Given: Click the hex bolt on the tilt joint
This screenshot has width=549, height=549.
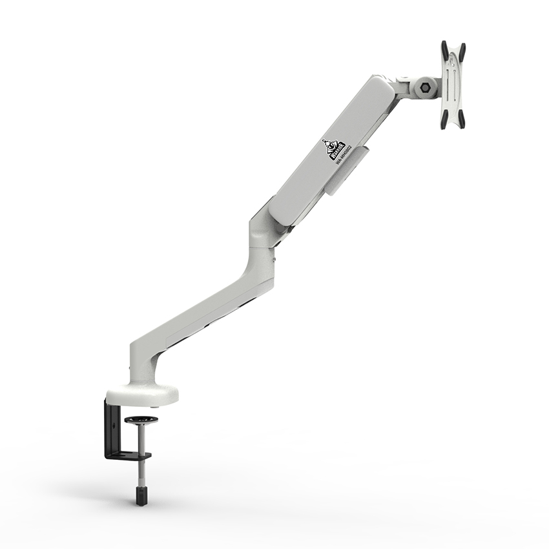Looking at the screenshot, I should (x=426, y=87).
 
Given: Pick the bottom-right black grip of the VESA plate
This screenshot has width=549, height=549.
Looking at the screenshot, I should (x=461, y=120).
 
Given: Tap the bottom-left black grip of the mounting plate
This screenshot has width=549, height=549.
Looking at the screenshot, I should (x=444, y=121).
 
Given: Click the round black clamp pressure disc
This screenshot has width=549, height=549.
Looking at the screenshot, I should (x=141, y=422).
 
